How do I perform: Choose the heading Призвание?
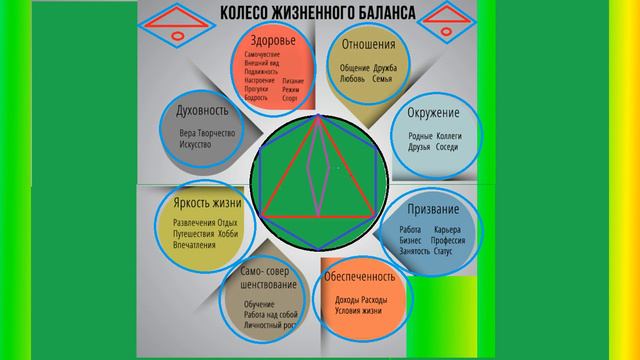coord(434,209)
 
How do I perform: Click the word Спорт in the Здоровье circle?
coord(293,100)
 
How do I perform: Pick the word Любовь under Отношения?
coord(355,78)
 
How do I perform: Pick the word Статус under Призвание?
coord(443,251)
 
